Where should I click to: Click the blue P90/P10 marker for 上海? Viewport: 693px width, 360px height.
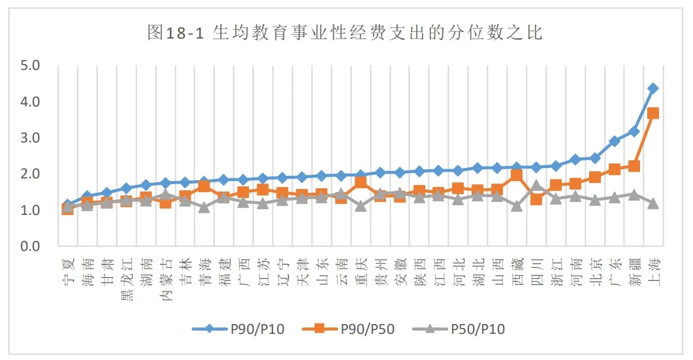(x=653, y=88)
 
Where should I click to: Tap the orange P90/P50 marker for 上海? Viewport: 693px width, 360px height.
(x=653, y=114)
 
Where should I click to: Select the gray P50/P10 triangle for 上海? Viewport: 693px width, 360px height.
(x=653, y=203)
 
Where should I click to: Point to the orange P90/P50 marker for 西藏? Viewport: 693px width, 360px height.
(x=517, y=175)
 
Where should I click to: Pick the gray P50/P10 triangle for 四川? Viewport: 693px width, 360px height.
(x=536, y=186)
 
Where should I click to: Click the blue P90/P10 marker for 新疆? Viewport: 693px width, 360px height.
(x=634, y=131)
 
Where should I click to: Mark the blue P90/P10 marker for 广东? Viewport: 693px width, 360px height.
(x=614, y=141)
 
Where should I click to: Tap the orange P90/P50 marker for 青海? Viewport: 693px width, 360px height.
(x=204, y=186)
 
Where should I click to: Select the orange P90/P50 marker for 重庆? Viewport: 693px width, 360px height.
(x=361, y=182)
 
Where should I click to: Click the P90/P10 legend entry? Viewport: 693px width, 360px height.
(x=238, y=329)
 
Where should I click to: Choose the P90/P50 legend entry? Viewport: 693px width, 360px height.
(x=349, y=329)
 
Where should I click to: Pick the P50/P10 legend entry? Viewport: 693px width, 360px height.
(x=460, y=329)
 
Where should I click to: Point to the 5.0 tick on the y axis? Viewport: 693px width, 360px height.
(x=31, y=66)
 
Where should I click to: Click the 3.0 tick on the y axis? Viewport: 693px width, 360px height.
(x=31, y=139)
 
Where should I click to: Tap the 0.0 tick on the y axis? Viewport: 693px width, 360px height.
(x=31, y=246)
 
